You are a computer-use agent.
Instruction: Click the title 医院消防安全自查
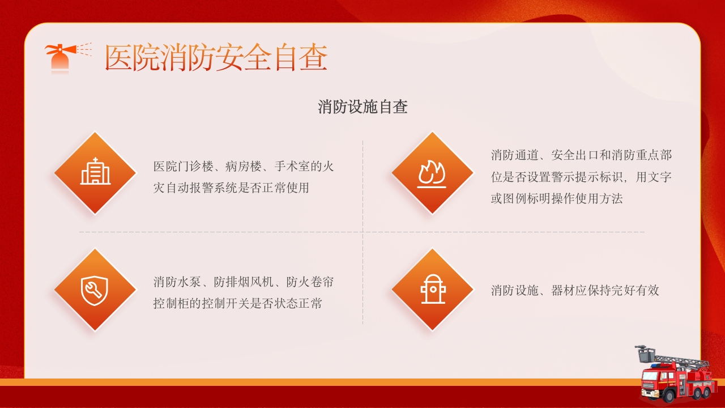pyautogui.click(x=216, y=58)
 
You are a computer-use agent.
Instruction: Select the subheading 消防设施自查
pyautogui.click(x=362, y=107)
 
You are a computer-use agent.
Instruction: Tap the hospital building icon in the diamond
pyautogui.click(x=95, y=172)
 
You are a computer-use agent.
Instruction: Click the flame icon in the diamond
pyautogui.click(x=432, y=173)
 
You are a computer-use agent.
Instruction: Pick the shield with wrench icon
pyautogui.click(x=95, y=290)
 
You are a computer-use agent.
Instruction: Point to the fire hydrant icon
pyautogui.click(x=433, y=290)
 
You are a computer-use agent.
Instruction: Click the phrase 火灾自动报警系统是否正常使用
pyautogui.click(x=231, y=188)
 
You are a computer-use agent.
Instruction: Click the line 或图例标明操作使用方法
pyautogui.click(x=556, y=199)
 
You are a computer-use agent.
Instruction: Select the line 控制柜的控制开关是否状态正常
pyautogui.click(x=237, y=303)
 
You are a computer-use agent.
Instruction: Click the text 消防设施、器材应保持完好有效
pyautogui.click(x=575, y=291)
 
